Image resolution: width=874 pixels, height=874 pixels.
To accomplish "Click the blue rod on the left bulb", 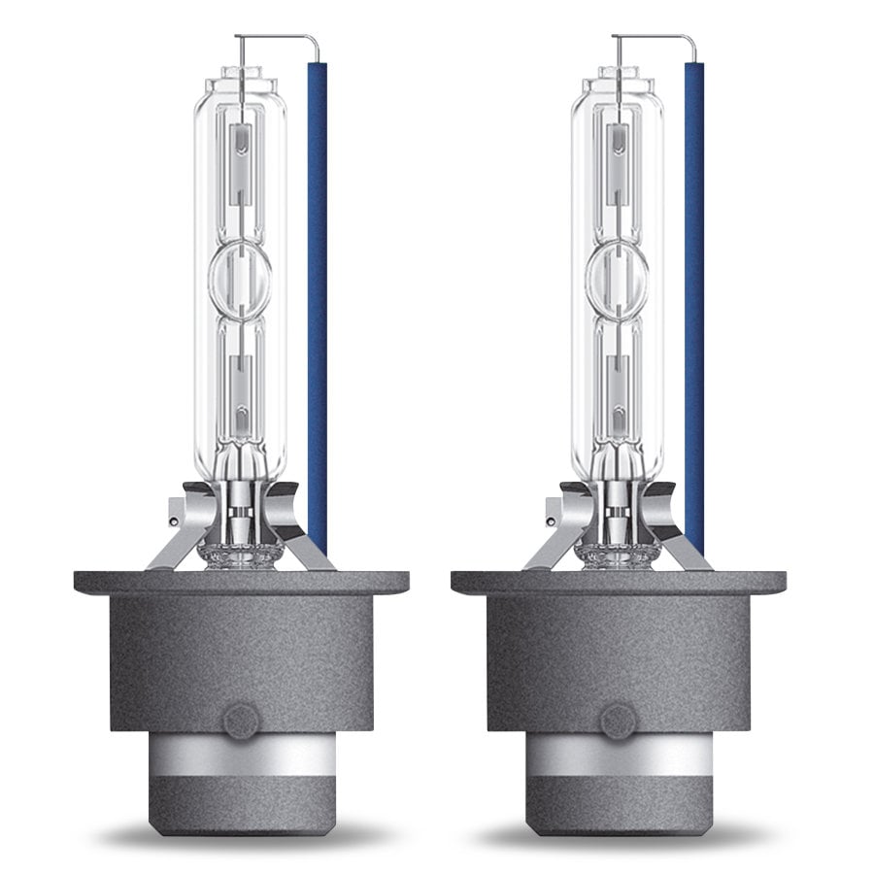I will (317, 291).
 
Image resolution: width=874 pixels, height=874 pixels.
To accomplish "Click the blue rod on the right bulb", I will (694, 291).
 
